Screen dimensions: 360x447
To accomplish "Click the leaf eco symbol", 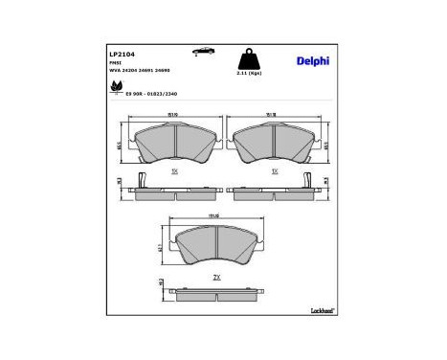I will click(118, 87).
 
